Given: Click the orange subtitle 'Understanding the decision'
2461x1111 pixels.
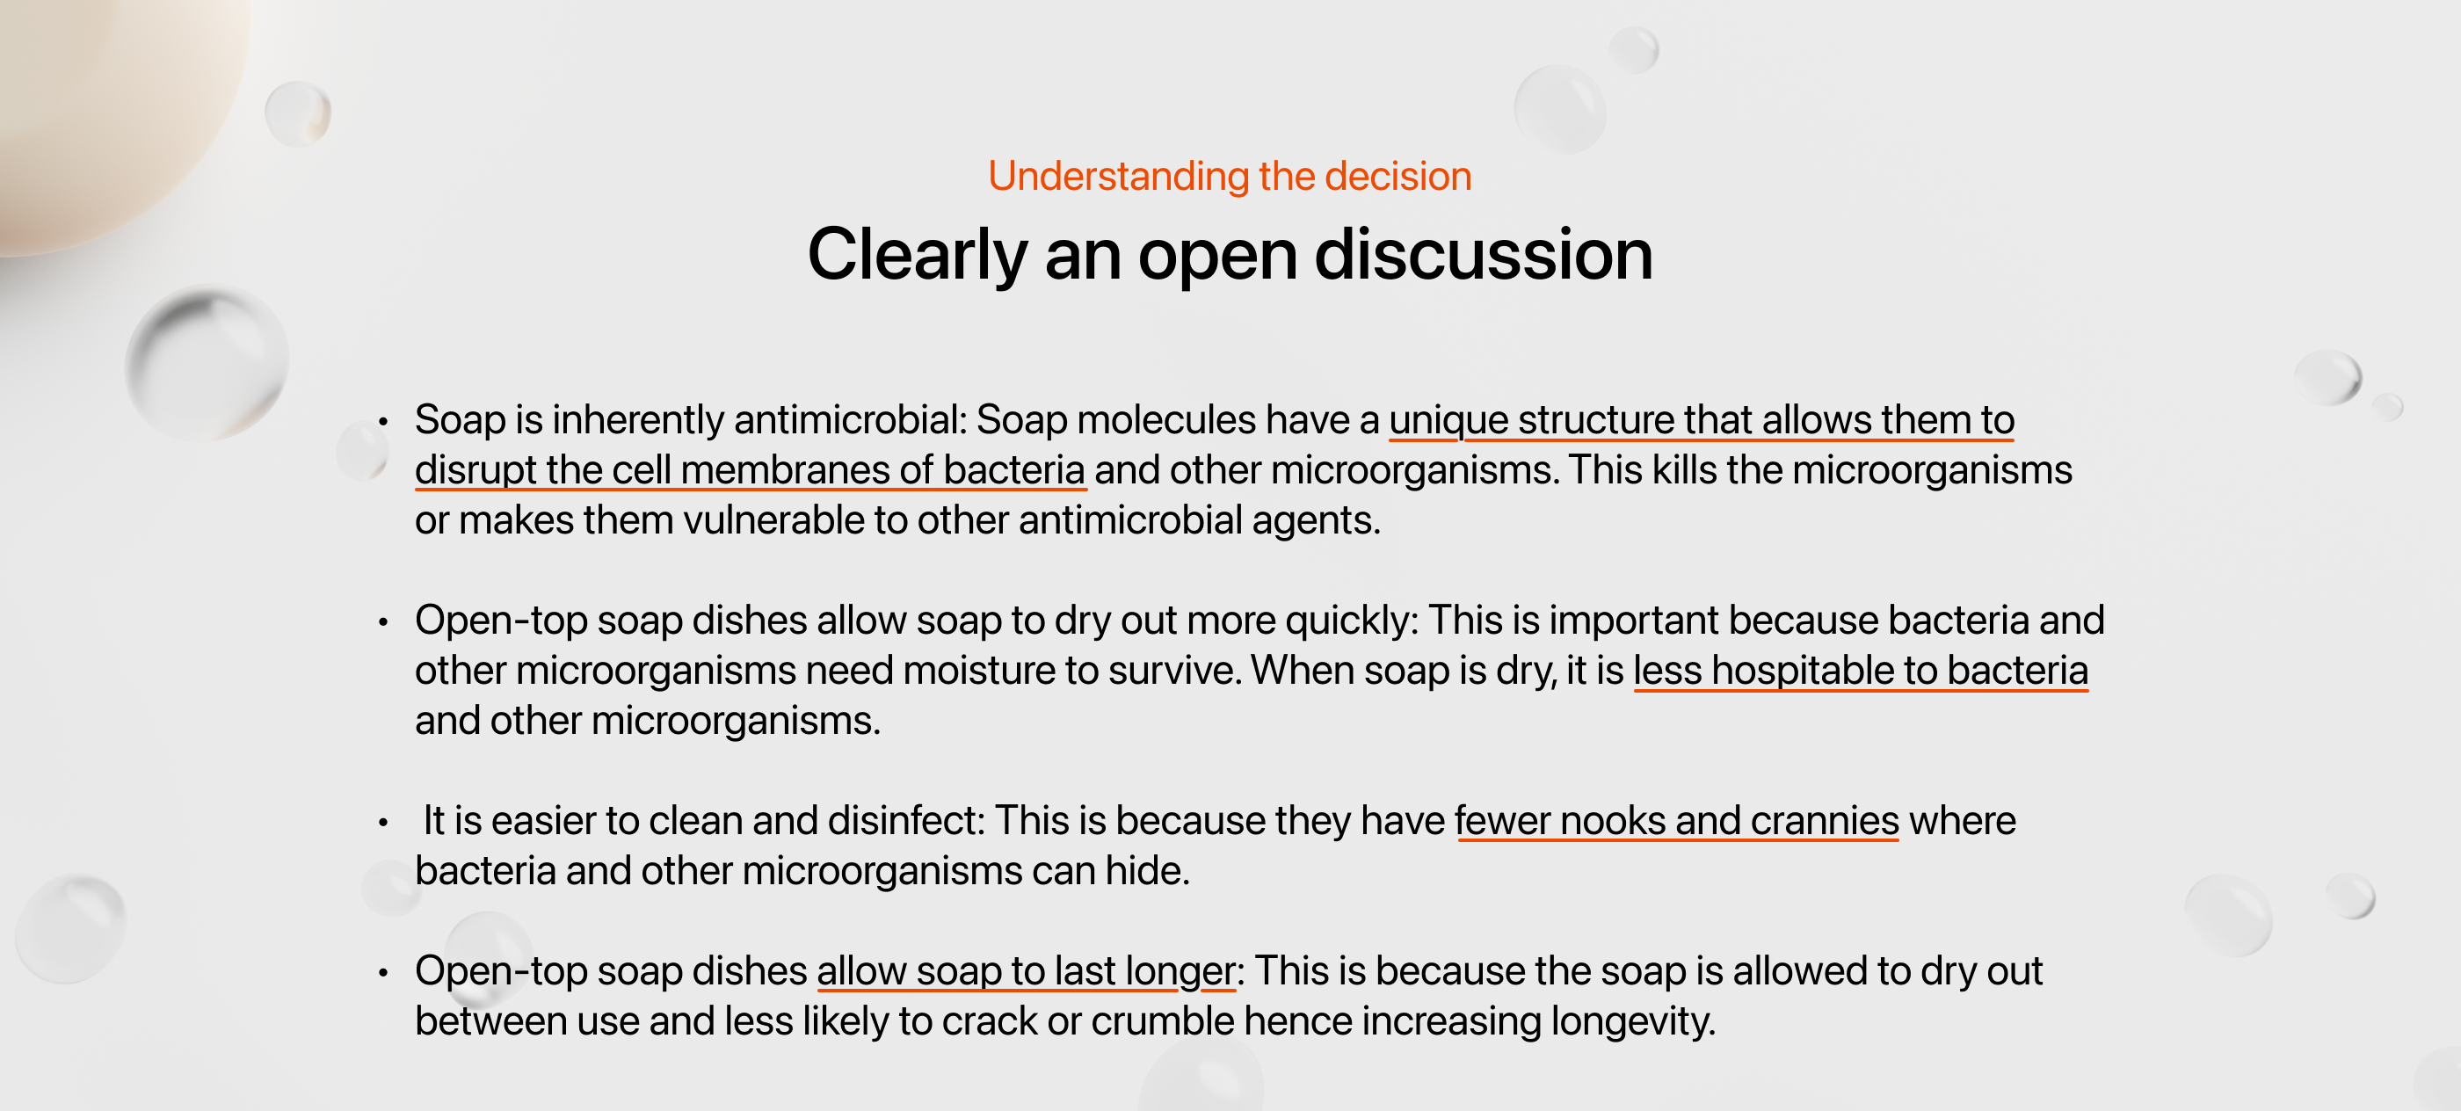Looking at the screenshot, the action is (x=1230, y=177).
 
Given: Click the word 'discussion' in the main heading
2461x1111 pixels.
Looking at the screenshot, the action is (x=1484, y=255).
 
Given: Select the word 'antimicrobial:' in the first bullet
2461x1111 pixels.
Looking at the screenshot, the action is (x=850, y=419).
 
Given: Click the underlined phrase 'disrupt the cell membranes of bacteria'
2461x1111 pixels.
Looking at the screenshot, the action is (x=750, y=470).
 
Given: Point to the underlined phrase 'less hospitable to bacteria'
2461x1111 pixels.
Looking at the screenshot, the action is (x=1860, y=671).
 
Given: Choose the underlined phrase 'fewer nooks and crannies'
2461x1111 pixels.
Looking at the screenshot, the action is (x=1677, y=821).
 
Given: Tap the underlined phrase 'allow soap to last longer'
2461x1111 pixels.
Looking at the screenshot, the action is (x=1026, y=971).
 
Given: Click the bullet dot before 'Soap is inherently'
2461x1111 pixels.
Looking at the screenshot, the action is (x=383, y=421).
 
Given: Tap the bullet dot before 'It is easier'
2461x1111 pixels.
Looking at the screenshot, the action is (x=383, y=823).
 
